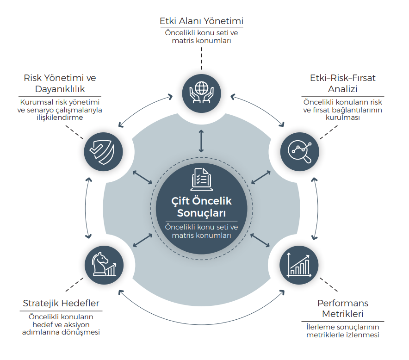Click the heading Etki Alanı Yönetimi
tap(201, 21)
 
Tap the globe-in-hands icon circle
tap(201, 93)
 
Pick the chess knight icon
tap(104, 264)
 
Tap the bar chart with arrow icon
tap(299, 265)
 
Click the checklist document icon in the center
tap(201, 179)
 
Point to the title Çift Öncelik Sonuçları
tap(201, 207)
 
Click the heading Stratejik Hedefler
tap(61, 303)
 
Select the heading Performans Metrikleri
tap(343, 308)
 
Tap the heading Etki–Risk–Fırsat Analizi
tap(343, 83)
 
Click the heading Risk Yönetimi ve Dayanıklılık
tap(60, 83)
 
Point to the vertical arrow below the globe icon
tap(201, 141)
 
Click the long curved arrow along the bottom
tap(201, 324)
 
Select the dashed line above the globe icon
tap(201, 58)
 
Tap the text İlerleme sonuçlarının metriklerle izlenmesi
tap(343, 331)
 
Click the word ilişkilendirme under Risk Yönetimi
tap(60, 118)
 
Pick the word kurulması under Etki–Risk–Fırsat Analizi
tap(343, 118)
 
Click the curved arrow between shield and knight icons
tap(86, 208)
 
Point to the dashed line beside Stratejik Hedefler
tap(74, 285)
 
